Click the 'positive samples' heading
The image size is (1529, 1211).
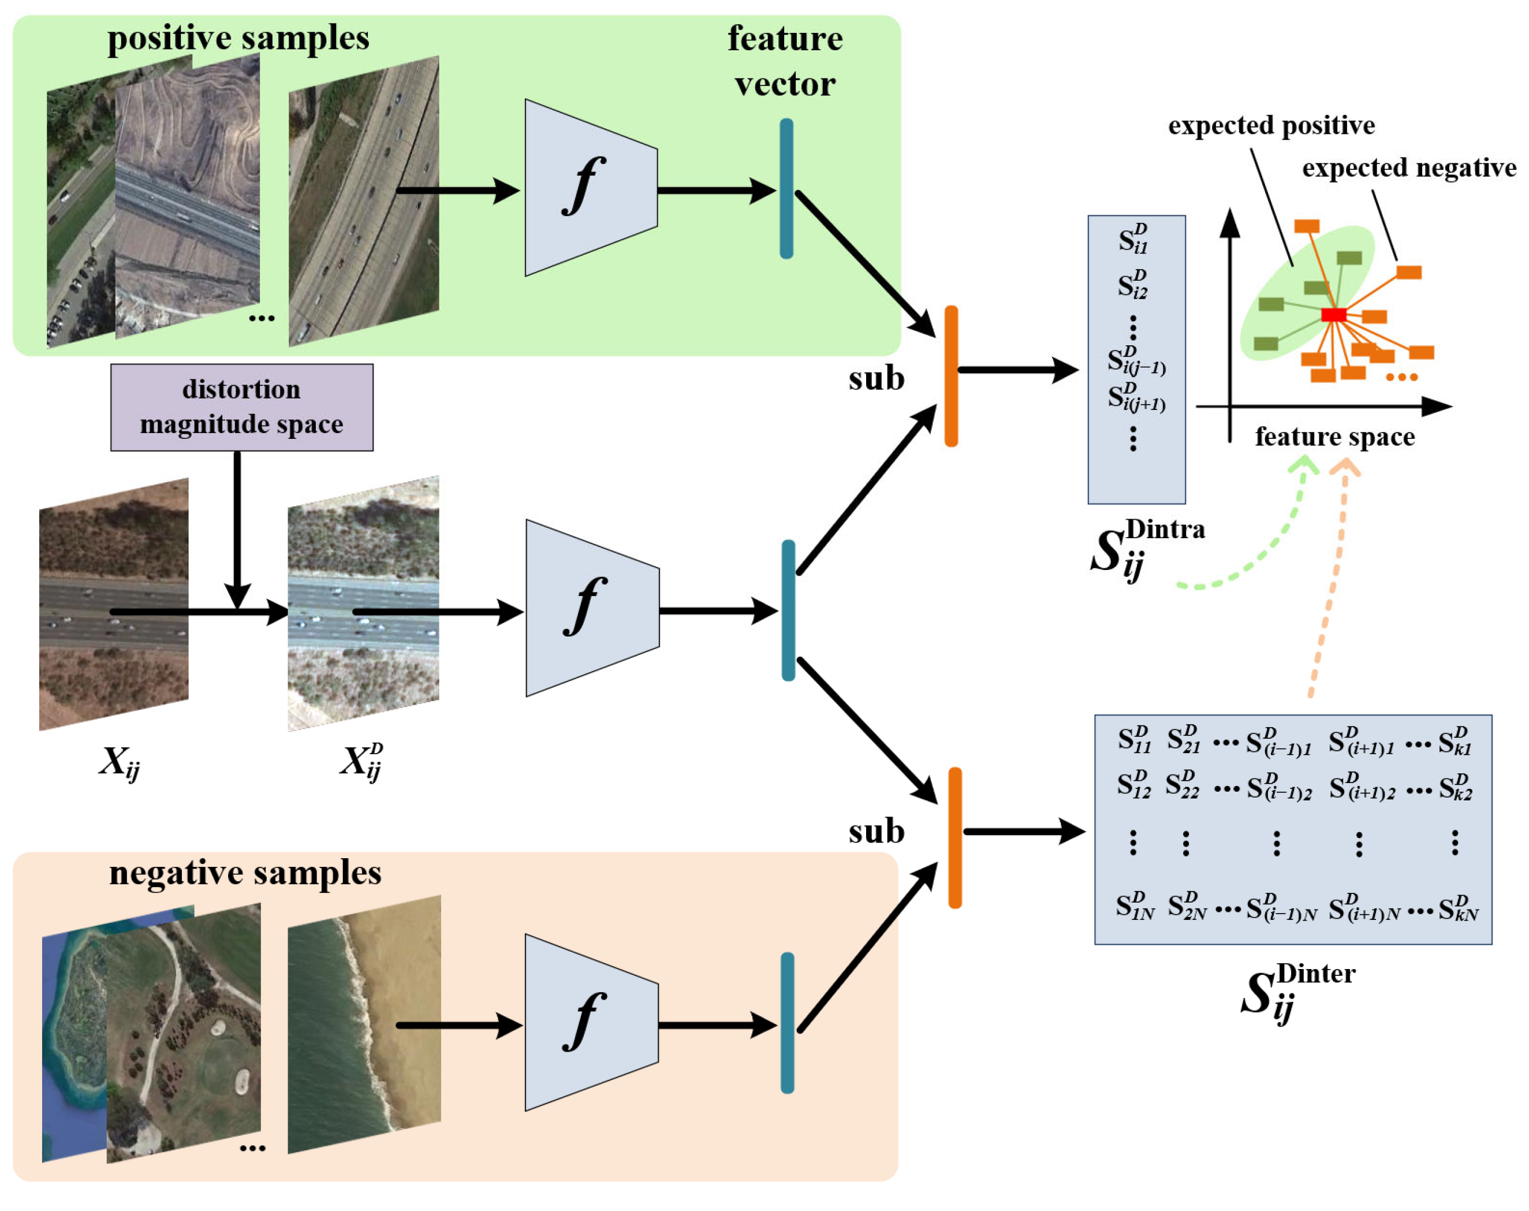[238, 38]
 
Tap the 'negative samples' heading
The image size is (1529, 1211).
[245, 872]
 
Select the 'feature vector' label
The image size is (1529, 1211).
[785, 61]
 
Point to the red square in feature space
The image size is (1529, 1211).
[1333, 314]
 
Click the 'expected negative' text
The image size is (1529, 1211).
[1408, 168]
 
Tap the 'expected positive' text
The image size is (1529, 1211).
[1271, 125]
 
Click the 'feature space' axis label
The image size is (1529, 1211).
[1334, 436]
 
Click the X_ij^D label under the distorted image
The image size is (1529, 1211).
[361, 762]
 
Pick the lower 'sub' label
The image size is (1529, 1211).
[876, 831]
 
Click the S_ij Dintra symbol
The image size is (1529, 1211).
[1145, 550]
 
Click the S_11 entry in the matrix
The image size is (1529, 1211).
[1133, 740]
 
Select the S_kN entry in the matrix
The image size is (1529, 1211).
[1457, 908]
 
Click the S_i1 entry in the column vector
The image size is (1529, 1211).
[1133, 239]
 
